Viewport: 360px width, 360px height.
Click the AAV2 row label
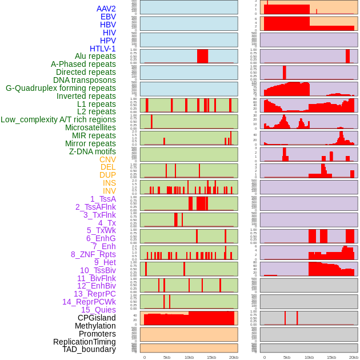pos(106,9)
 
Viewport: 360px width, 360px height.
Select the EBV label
pos(108,17)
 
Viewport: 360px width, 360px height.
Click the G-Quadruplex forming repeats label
pos(61,88)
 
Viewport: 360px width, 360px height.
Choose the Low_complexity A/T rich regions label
pos(58,119)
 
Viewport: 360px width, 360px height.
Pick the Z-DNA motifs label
pos(92,151)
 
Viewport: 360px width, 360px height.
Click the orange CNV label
pos(107,159)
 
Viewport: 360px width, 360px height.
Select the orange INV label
pos(109,191)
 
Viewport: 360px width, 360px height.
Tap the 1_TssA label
pos(103,199)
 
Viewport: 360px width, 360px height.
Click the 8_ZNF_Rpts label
pos(93,254)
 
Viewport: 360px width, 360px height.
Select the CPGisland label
pos(97,318)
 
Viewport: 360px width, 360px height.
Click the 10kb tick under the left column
pos(189,357)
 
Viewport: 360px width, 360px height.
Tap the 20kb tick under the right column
pos(354,357)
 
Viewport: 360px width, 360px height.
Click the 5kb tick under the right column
pos(287,357)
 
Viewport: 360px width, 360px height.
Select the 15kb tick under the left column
pos(211,357)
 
